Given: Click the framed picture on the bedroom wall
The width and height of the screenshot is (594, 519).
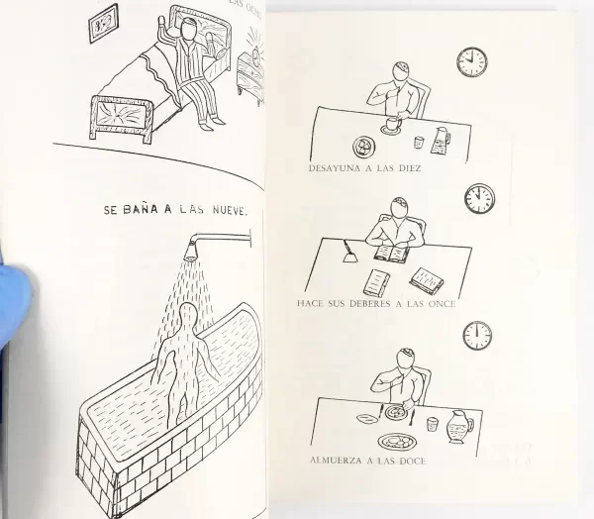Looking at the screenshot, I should [x=103, y=24].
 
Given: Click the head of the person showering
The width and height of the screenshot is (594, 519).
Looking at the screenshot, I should [x=186, y=314].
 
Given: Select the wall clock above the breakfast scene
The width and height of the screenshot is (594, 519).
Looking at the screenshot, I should [x=471, y=61].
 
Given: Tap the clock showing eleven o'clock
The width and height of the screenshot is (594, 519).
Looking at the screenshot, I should [x=479, y=198].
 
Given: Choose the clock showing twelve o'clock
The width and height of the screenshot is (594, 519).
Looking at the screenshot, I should [x=477, y=334].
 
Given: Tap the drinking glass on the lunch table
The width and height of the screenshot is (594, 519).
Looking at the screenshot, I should [x=433, y=424].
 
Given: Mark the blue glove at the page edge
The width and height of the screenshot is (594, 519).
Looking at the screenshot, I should [x=13, y=297].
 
